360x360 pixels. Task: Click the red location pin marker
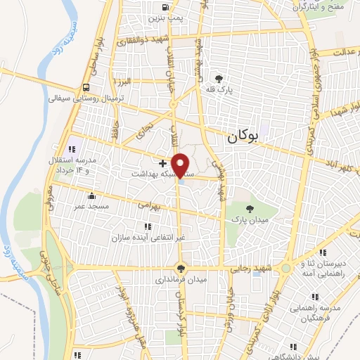pyautogui.click(x=181, y=165)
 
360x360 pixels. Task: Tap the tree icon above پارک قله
pyautogui.click(x=219, y=79)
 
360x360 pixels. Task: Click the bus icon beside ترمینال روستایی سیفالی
pyautogui.click(x=86, y=88)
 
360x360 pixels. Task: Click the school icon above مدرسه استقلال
pyautogui.click(x=72, y=148)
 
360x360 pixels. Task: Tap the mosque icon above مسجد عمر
pyautogui.click(x=91, y=195)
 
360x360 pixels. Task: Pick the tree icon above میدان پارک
pyautogui.click(x=250, y=207)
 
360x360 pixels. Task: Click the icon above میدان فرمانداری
pyautogui.click(x=181, y=267)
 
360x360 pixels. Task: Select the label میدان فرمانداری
pyautogui.click(x=181, y=279)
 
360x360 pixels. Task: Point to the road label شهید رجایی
pyautogui.click(x=250, y=269)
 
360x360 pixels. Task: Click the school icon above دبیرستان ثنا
pyautogui.click(x=322, y=252)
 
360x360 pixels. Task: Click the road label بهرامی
pyautogui.click(x=148, y=205)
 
